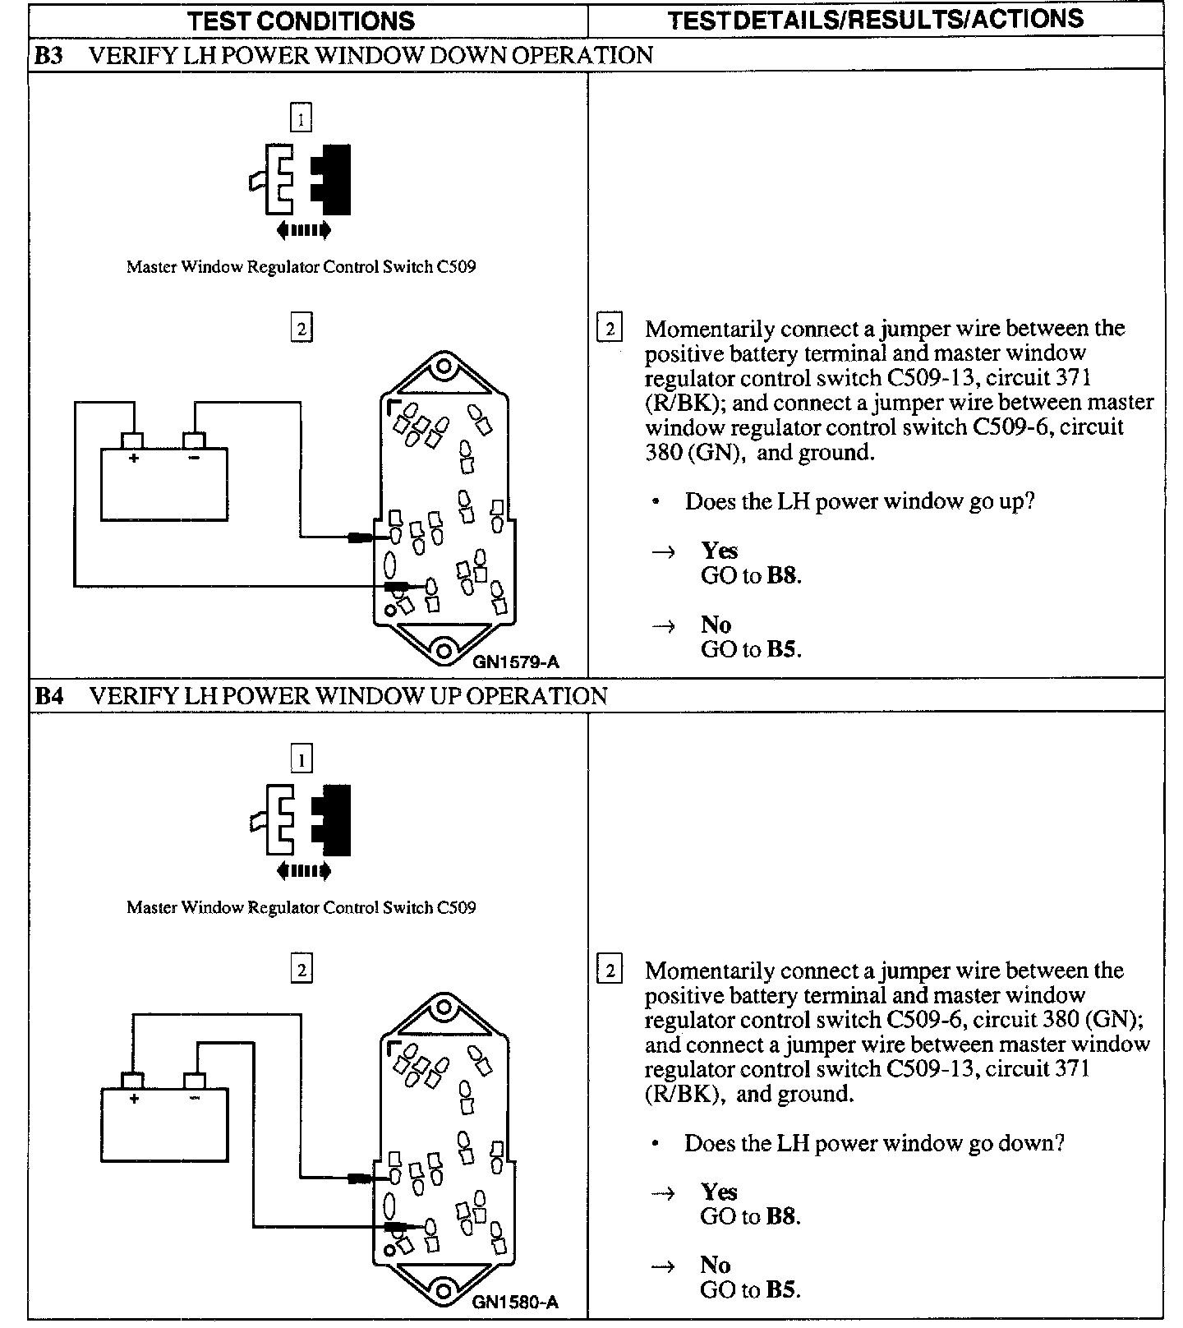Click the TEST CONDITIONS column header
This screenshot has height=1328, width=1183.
click(301, 21)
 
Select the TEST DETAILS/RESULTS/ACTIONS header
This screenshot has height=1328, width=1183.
click(875, 20)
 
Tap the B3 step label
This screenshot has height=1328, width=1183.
click(48, 55)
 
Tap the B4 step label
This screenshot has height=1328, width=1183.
click(48, 696)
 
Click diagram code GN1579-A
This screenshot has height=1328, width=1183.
click(515, 661)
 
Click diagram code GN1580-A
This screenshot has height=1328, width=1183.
click(515, 1302)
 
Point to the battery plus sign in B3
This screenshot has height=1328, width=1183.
click(133, 458)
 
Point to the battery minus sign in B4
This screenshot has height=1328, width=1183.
click(195, 1098)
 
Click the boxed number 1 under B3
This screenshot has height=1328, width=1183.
click(301, 119)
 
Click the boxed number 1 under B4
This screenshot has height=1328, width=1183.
click(301, 760)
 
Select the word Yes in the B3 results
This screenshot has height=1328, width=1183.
click(719, 551)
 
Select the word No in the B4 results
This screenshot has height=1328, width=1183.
click(716, 1265)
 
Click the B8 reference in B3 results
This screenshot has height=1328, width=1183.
click(781, 575)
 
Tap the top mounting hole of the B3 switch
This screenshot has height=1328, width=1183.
click(444, 363)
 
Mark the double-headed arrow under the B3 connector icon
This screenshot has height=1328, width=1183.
click(304, 230)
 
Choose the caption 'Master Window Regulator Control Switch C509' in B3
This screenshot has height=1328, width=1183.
click(301, 266)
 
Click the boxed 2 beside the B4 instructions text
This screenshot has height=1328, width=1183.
click(610, 971)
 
